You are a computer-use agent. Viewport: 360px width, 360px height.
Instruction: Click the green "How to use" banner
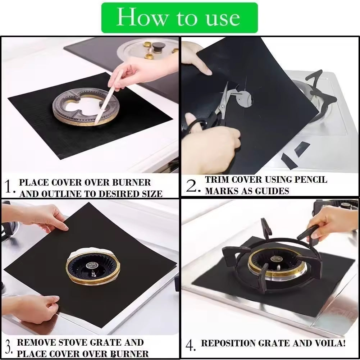tap(179, 18)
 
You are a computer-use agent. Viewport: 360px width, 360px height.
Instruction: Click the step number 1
tap(9, 187)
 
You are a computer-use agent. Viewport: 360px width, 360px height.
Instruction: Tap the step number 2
tap(192, 186)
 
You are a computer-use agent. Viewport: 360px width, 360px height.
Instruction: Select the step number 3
tap(9, 347)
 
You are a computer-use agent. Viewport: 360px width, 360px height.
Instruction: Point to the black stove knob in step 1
tap(158, 46)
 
